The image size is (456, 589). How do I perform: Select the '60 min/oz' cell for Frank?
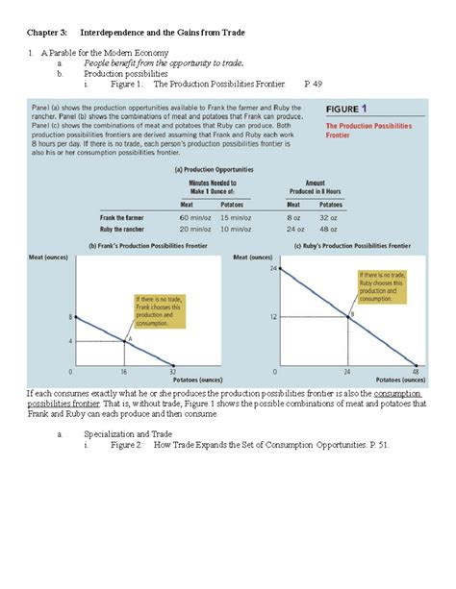click(x=195, y=218)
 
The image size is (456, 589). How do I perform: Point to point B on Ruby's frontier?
click(x=349, y=315)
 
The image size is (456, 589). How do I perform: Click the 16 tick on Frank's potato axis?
click(x=124, y=370)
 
